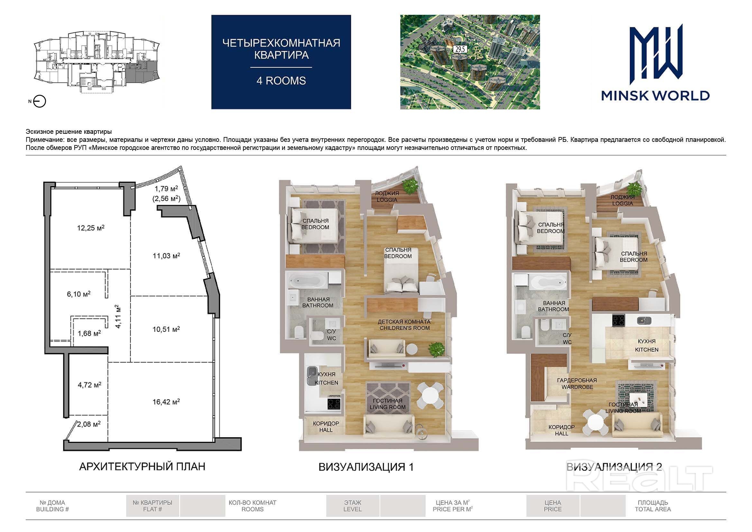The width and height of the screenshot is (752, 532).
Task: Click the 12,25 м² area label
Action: coord(91,228)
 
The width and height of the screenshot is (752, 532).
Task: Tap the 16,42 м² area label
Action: coord(166,402)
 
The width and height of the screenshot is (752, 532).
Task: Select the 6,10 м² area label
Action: coord(78,294)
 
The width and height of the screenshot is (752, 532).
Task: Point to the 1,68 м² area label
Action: coord(89,334)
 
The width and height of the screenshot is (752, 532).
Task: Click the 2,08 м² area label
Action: coord(89,424)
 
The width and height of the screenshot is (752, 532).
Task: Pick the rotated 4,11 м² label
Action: coord(118,316)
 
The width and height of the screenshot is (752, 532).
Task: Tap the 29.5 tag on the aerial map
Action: coord(460,50)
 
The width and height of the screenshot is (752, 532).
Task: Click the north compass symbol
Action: coord(40,101)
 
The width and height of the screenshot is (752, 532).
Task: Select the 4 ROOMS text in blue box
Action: coord(281,81)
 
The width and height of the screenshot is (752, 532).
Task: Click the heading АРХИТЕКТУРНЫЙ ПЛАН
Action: coord(142,466)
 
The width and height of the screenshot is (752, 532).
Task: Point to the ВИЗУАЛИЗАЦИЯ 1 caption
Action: coord(366,467)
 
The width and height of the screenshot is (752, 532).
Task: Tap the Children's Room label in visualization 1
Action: coord(405,325)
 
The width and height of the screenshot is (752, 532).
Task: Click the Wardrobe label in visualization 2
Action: coord(577,384)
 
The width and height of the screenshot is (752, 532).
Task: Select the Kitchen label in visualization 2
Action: coord(647,345)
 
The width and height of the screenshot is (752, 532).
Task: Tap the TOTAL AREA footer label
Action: coord(653,506)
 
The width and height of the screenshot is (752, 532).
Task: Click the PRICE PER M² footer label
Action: coord(453,506)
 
